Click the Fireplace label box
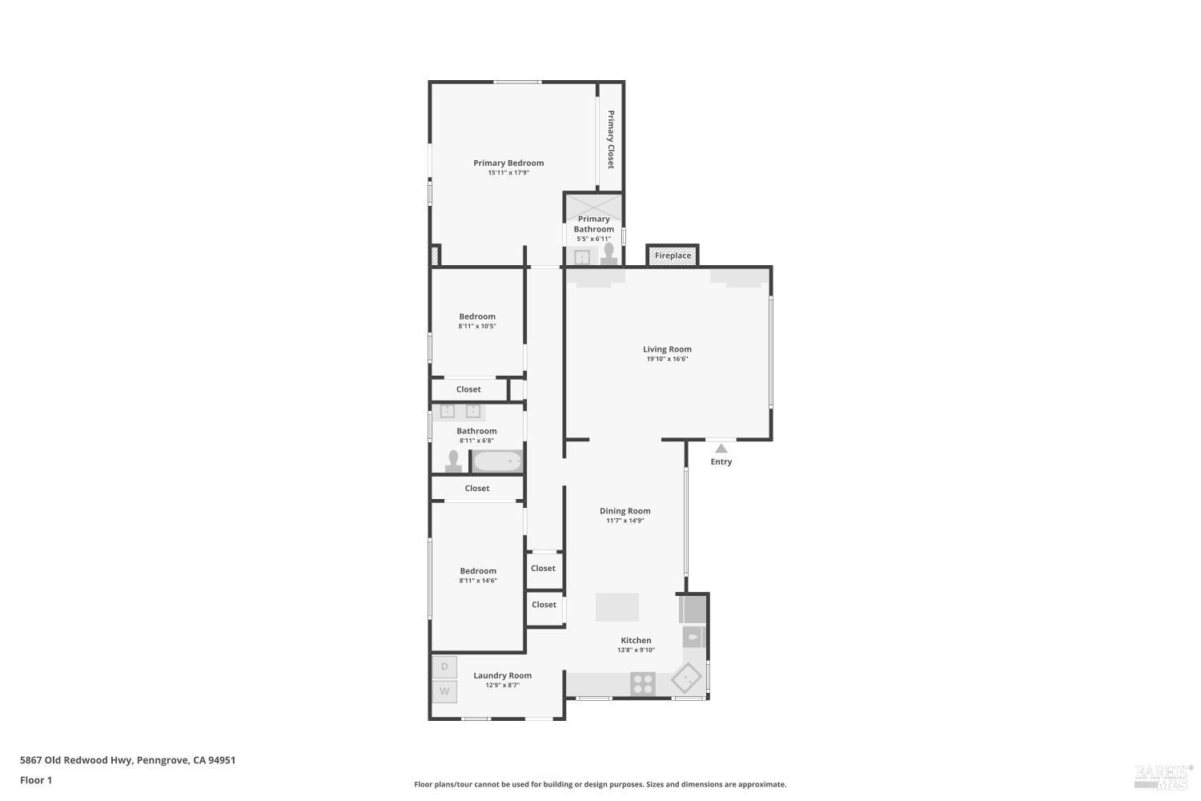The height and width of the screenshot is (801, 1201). click(x=673, y=256)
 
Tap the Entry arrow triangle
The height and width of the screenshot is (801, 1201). click(x=721, y=449)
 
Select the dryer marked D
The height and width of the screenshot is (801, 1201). click(x=444, y=666)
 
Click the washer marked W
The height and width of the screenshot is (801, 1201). click(x=444, y=691)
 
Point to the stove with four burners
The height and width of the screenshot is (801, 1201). click(x=643, y=683)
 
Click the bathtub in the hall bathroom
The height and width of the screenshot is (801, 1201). click(x=497, y=461)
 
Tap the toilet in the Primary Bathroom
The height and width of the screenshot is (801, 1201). click(x=609, y=252)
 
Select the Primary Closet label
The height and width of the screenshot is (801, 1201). click(x=610, y=139)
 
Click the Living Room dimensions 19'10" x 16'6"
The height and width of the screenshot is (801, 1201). click(x=667, y=360)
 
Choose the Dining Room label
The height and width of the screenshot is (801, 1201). click(x=625, y=511)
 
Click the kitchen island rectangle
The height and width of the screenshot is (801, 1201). click(x=617, y=607)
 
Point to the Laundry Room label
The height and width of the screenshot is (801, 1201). click(x=502, y=675)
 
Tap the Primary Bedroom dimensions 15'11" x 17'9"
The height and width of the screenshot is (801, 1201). click(x=508, y=173)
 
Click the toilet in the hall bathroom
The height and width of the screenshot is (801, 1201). click(x=453, y=461)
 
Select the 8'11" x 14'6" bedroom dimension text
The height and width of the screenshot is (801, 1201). click(x=478, y=581)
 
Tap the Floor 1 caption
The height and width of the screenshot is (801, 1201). click(x=36, y=779)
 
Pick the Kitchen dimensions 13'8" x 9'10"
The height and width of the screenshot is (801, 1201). click(x=636, y=650)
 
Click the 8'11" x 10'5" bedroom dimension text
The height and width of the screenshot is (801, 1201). click(x=477, y=326)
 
